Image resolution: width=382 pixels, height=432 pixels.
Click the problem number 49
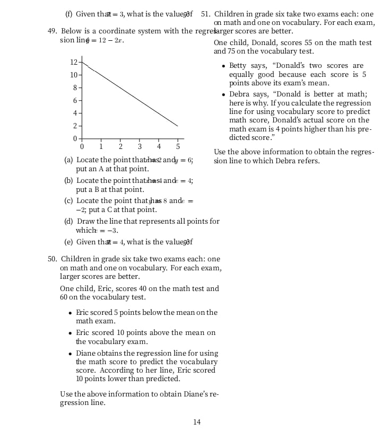(x=52, y=31)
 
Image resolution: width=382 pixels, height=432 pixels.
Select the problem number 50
(x=52, y=259)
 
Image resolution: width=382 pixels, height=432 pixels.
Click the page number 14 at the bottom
(x=197, y=422)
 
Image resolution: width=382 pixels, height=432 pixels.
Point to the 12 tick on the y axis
(x=74, y=62)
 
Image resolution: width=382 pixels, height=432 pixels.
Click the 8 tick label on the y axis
(x=75, y=87)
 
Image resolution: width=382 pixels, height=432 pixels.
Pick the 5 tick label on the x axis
(x=178, y=146)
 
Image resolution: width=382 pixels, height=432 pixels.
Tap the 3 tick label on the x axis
(x=140, y=146)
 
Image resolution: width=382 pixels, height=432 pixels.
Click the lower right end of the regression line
(x=177, y=126)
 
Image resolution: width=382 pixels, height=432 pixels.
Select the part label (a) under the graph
(x=68, y=160)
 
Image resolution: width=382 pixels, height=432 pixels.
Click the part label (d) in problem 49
(x=68, y=222)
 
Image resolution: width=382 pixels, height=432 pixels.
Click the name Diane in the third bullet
(x=86, y=354)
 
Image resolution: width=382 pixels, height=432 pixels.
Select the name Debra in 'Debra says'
(x=239, y=94)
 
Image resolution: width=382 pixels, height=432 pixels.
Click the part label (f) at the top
(x=68, y=14)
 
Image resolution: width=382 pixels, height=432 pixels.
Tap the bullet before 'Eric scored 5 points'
(x=71, y=313)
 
